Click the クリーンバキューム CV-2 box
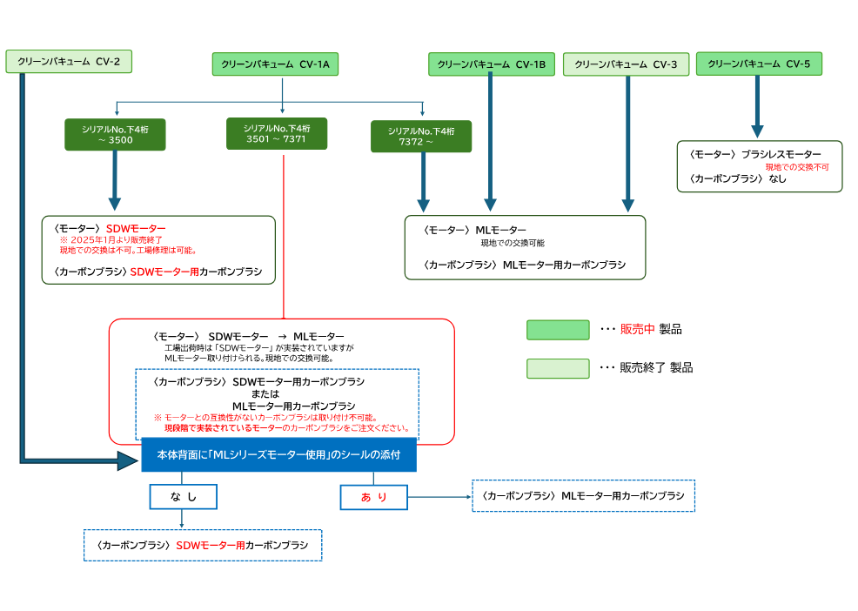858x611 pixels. point(69,61)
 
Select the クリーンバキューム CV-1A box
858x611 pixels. point(275,64)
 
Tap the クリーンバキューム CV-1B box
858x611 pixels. point(491,64)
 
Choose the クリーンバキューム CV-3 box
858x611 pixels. point(626,64)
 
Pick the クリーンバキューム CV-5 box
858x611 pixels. point(759,64)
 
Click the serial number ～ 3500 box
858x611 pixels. point(115,134)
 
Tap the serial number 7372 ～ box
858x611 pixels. point(422,136)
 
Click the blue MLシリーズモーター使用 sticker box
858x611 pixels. point(278,454)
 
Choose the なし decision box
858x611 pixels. point(182,496)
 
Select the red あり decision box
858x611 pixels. point(373,496)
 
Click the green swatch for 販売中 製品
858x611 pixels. point(558,329)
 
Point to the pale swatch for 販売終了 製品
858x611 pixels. point(558,368)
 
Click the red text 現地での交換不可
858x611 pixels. point(796,167)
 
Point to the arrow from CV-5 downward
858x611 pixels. point(758,104)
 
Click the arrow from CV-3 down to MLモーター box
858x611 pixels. point(627,144)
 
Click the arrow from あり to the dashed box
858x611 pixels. point(439,497)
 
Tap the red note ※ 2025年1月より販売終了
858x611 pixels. point(111,239)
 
